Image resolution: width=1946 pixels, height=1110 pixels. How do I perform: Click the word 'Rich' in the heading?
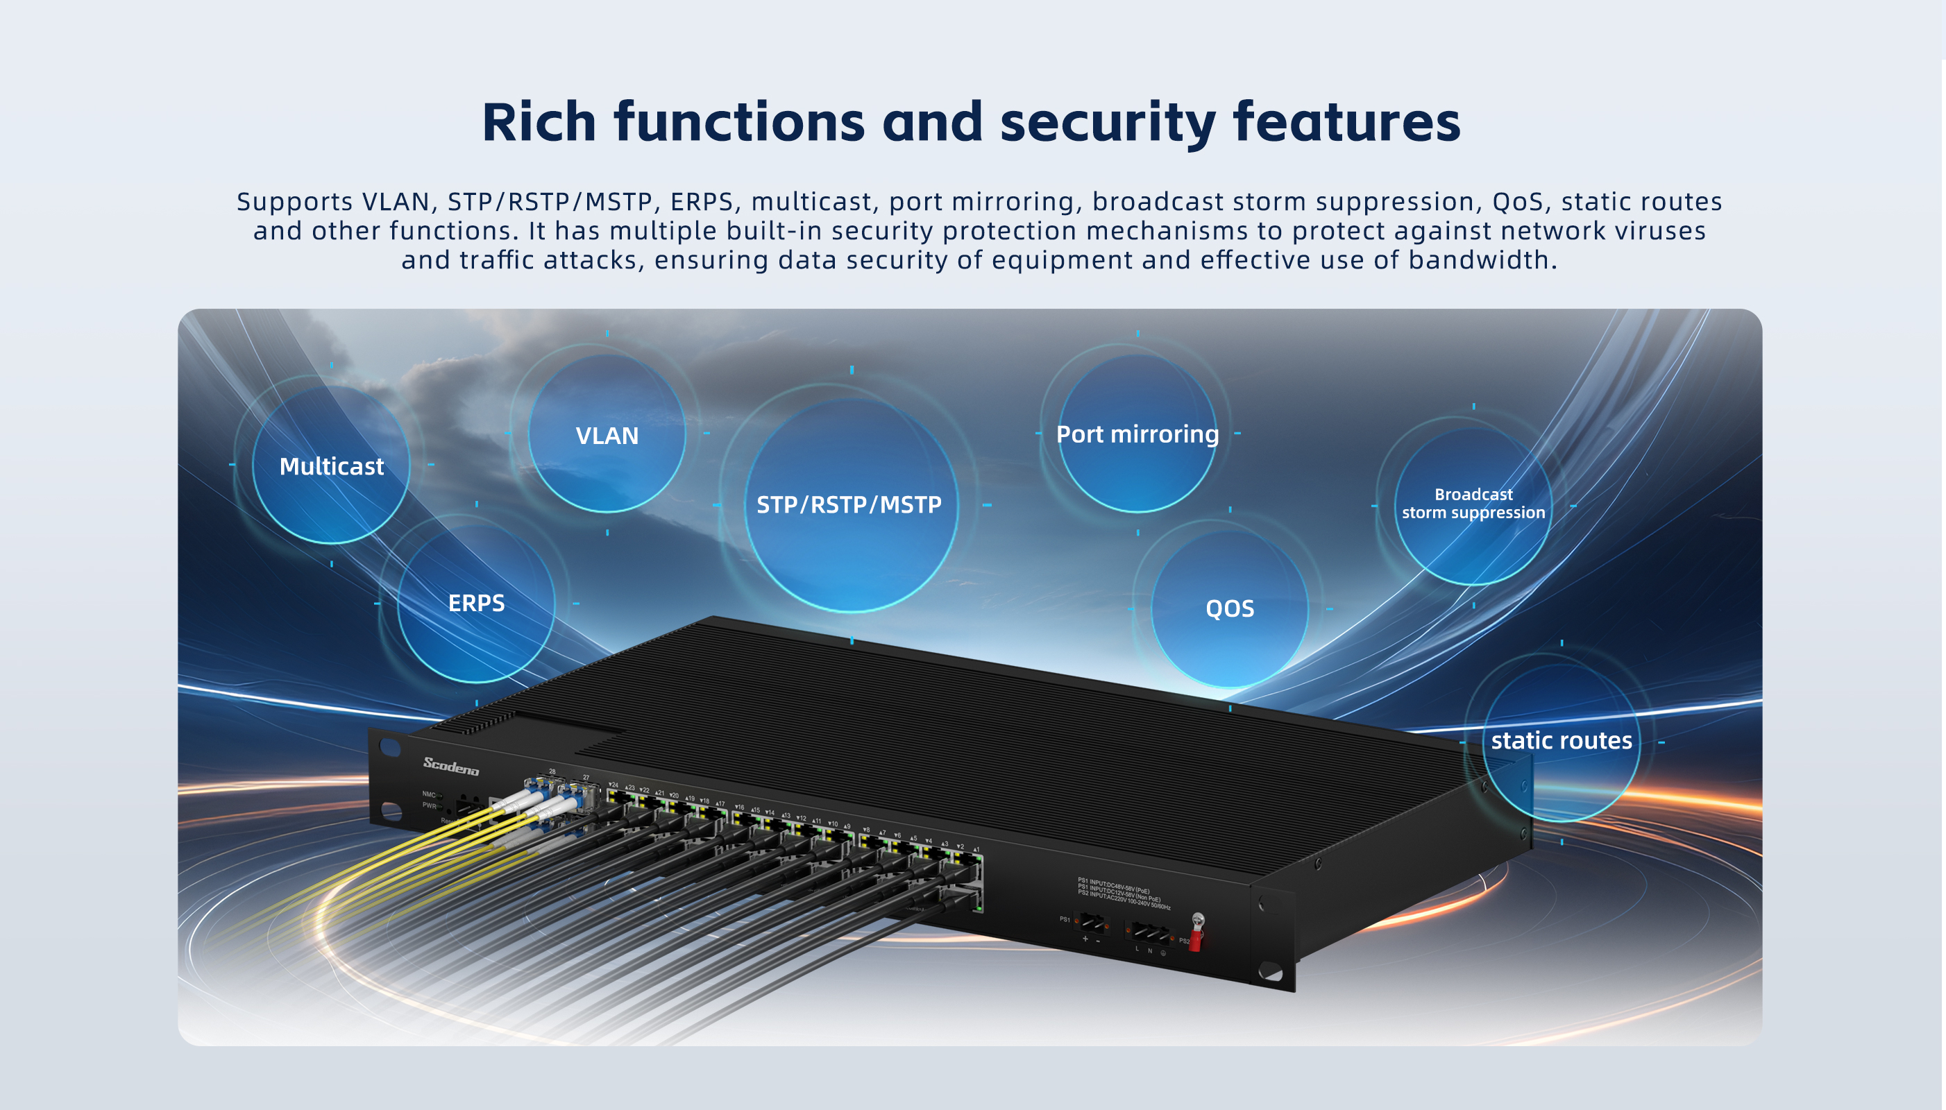tap(539, 122)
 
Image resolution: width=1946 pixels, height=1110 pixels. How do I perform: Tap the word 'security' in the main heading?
tap(1107, 122)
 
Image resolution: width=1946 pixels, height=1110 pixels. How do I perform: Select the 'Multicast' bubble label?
tap(331, 466)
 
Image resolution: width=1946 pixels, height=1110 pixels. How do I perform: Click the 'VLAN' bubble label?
tap(607, 435)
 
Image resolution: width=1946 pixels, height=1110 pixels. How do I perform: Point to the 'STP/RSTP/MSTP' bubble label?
tap(849, 504)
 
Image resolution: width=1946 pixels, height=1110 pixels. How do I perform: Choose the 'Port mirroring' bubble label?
tap(1137, 434)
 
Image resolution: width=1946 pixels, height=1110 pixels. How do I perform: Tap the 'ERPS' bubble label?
tap(476, 603)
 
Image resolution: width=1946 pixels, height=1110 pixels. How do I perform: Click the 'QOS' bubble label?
tap(1229, 608)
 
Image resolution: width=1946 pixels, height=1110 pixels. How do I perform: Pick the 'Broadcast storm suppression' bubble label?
tap(1473, 503)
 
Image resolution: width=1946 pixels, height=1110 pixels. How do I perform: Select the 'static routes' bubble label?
tap(1561, 740)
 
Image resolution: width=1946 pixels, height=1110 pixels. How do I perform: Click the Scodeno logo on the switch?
tap(450, 765)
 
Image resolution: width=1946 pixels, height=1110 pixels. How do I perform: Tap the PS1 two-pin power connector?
tap(1091, 923)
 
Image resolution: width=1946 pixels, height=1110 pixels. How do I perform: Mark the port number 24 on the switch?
tap(614, 784)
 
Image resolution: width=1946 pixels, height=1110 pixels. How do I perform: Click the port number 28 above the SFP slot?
tap(552, 771)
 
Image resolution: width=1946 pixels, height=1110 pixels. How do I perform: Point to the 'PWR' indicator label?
tap(430, 805)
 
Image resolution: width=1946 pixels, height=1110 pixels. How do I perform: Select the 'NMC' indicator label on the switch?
tap(430, 794)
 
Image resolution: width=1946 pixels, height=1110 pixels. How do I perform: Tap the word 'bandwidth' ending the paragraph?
tap(1482, 260)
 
